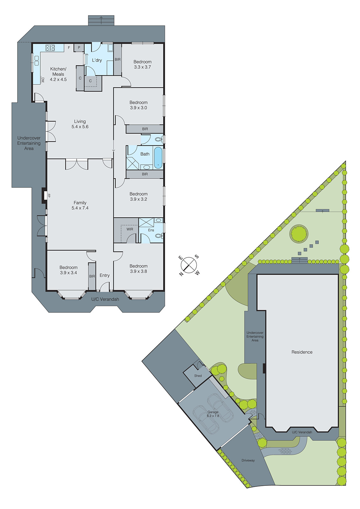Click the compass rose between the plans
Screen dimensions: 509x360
(189, 265)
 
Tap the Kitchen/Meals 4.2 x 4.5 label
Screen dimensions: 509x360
(58, 74)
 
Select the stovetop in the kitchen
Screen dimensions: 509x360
(50, 48)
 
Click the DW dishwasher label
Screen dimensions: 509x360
(43, 80)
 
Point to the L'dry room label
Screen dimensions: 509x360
(97, 60)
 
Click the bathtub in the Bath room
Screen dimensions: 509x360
(158, 157)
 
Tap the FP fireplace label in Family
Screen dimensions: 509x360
(49, 196)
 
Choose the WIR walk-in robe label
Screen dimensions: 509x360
(130, 229)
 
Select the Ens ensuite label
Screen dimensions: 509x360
(151, 230)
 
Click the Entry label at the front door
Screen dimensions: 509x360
(104, 275)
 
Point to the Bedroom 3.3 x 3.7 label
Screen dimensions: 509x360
(142, 64)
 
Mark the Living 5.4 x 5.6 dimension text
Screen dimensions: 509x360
(80, 127)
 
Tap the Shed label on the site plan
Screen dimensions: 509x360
(198, 376)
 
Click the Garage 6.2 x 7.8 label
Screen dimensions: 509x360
(213, 414)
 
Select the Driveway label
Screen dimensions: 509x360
(248, 460)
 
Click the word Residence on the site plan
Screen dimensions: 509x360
(302, 352)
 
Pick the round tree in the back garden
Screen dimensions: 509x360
(299, 234)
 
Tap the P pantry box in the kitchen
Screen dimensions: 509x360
(79, 48)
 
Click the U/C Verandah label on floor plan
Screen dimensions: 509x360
(105, 299)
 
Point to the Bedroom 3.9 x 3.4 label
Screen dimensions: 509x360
(68, 270)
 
